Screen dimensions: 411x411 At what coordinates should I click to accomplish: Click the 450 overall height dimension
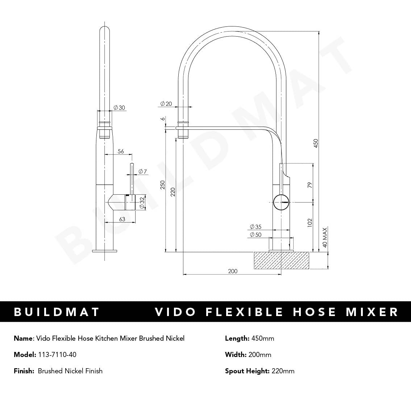pos(315,143)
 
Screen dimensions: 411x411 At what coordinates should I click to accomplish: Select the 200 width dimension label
pos(233,271)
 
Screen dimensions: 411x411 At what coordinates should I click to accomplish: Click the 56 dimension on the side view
pos(121,151)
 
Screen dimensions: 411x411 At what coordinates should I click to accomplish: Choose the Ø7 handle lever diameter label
pos(142,171)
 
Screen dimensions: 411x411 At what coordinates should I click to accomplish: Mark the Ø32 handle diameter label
pos(142,202)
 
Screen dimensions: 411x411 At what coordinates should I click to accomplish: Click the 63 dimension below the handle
pos(122,219)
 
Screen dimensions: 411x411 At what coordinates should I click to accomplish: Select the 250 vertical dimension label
pos(163,185)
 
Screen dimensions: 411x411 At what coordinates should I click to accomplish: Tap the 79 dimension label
pos(309,185)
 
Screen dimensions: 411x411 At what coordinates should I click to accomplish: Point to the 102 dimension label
pos(309,222)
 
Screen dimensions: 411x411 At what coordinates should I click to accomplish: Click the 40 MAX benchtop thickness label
pos(325,237)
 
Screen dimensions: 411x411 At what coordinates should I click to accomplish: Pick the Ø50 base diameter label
pos(255,234)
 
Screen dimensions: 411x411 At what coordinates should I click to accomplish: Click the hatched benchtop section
pos(282,261)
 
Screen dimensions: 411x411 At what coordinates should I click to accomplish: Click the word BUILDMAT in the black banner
pos(57,312)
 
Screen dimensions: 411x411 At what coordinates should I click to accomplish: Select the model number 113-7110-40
pos(57,354)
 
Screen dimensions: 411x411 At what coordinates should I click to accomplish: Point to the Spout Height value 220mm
pos(283,371)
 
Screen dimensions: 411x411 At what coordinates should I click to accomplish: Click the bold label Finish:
pos(24,371)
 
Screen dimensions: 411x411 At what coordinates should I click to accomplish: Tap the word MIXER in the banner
pos(372,312)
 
